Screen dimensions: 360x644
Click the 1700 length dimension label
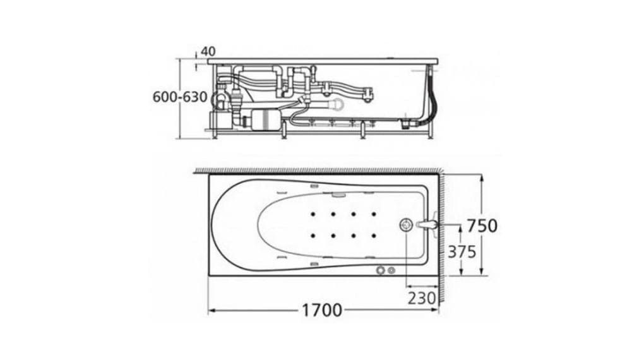click(x=321, y=310)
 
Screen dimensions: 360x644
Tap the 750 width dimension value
click(x=482, y=225)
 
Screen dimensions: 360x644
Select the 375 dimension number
click(x=462, y=251)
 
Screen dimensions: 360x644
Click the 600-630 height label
click(x=180, y=97)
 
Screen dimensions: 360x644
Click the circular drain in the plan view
click(x=406, y=225)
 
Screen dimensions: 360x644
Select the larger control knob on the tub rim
click(x=381, y=270)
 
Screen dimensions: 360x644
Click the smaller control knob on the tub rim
click(x=392, y=270)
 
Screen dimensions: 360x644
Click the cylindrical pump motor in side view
click(x=261, y=119)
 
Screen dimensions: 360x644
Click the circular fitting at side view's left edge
click(x=217, y=98)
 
